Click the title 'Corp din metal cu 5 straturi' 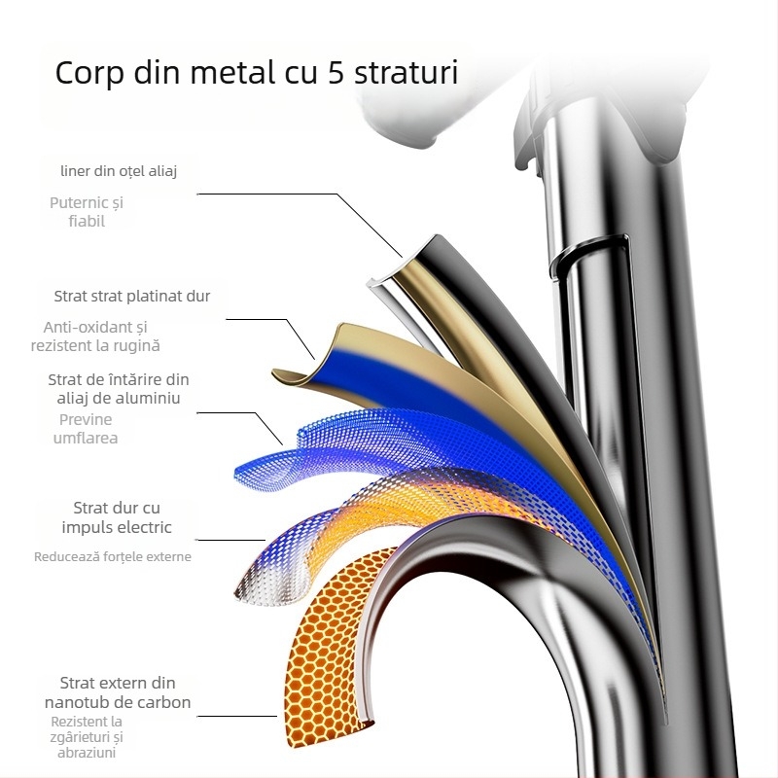point(257,74)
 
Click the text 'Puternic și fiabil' point(87,212)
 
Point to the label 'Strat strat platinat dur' point(132,296)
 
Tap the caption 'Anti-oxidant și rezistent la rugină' point(95,336)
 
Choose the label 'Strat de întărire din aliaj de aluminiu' point(119,389)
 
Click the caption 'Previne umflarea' point(86,429)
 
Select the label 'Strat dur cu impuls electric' point(117,517)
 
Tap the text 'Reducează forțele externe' point(113,557)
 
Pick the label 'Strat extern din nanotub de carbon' point(118,692)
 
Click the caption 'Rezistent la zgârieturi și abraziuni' point(88,736)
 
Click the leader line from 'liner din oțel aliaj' point(292,194)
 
